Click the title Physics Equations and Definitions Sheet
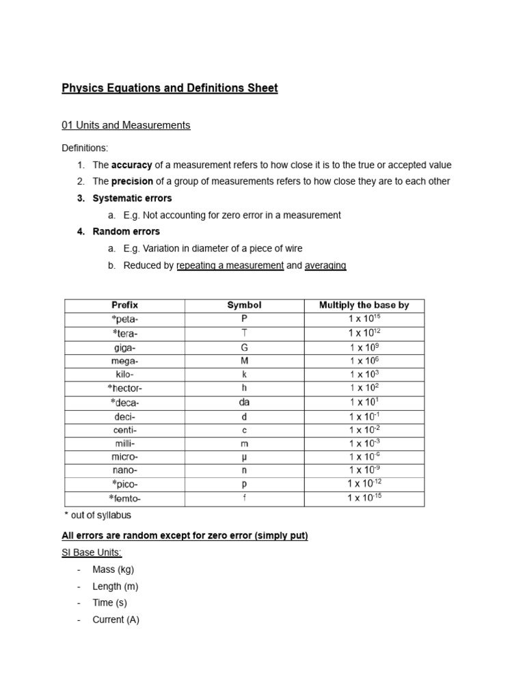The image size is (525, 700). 170,88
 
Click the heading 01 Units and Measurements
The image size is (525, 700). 126,125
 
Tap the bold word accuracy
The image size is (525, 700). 132,165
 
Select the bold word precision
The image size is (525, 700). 133,182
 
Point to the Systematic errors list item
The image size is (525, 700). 132,198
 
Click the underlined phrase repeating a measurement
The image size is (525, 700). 230,265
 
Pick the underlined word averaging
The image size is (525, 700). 325,265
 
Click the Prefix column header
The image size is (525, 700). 124,306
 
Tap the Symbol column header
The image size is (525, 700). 244,306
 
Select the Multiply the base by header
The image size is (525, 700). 364,306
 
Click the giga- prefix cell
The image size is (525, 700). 124,347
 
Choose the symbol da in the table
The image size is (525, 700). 244,402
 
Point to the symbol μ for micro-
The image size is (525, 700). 244,457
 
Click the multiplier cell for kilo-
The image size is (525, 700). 364,374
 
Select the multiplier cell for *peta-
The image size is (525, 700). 364,319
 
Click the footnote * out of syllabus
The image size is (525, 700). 97,515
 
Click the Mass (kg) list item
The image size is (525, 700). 116,569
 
